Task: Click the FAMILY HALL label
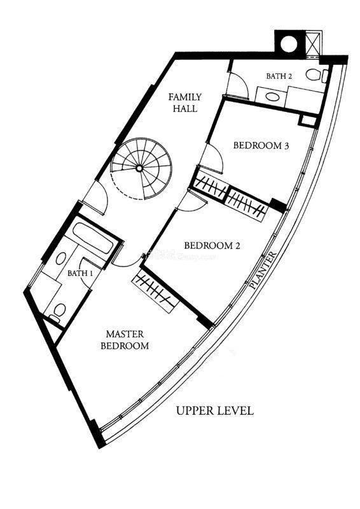pyautogui.click(x=185, y=102)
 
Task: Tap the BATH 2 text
pyautogui.click(x=279, y=76)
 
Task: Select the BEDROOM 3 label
pyautogui.click(x=261, y=146)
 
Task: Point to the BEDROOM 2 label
pyautogui.click(x=212, y=246)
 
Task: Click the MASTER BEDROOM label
pyautogui.click(x=125, y=340)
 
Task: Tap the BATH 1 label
pyautogui.click(x=80, y=274)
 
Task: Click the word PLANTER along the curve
pyautogui.click(x=264, y=270)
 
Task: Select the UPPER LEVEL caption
pyautogui.click(x=214, y=410)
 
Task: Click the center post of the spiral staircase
pyautogui.click(x=139, y=168)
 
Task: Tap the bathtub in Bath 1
pyautogui.click(x=93, y=239)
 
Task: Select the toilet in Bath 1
pyautogui.click(x=59, y=312)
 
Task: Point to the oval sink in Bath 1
pyautogui.click(x=60, y=259)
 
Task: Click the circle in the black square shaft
pyautogui.click(x=289, y=43)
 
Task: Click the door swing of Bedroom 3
pyautogui.click(x=212, y=159)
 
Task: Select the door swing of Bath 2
pyautogui.click(x=238, y=85)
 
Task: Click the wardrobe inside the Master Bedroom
pyautogui.click(x=155, y=289)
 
